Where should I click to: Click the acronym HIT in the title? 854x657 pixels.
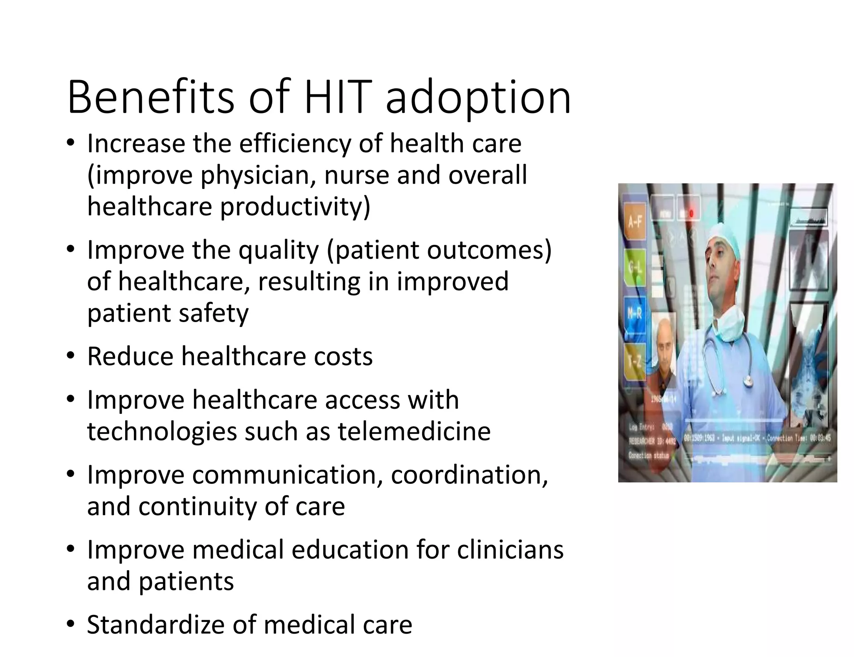tap(338, 98)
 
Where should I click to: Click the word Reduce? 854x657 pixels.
tap(130, 357)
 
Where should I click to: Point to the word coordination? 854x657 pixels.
tap(469, 475)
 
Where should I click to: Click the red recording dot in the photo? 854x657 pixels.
tap(691, 214)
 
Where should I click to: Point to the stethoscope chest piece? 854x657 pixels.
tap(748, 380)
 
